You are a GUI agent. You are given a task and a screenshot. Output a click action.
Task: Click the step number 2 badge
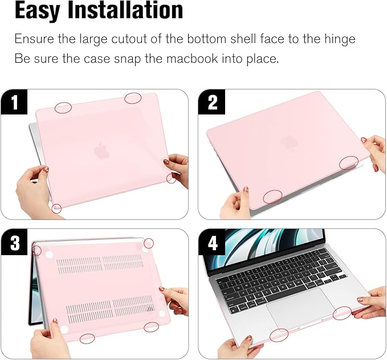tap(213, 103)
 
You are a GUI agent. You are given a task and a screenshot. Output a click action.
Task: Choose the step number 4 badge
tap(213, 243)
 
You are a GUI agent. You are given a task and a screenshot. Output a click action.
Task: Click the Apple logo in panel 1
tap(101, 150)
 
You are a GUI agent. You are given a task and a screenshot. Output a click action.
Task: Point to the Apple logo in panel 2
tap(287, 142)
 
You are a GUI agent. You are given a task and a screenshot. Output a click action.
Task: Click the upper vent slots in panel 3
tap(100, 264)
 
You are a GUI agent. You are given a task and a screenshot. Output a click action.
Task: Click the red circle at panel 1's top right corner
tap(133, 98)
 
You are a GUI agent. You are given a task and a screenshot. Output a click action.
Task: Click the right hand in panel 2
tap(373, 151)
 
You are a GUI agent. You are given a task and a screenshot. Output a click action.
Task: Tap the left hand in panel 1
tap(31, 191)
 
